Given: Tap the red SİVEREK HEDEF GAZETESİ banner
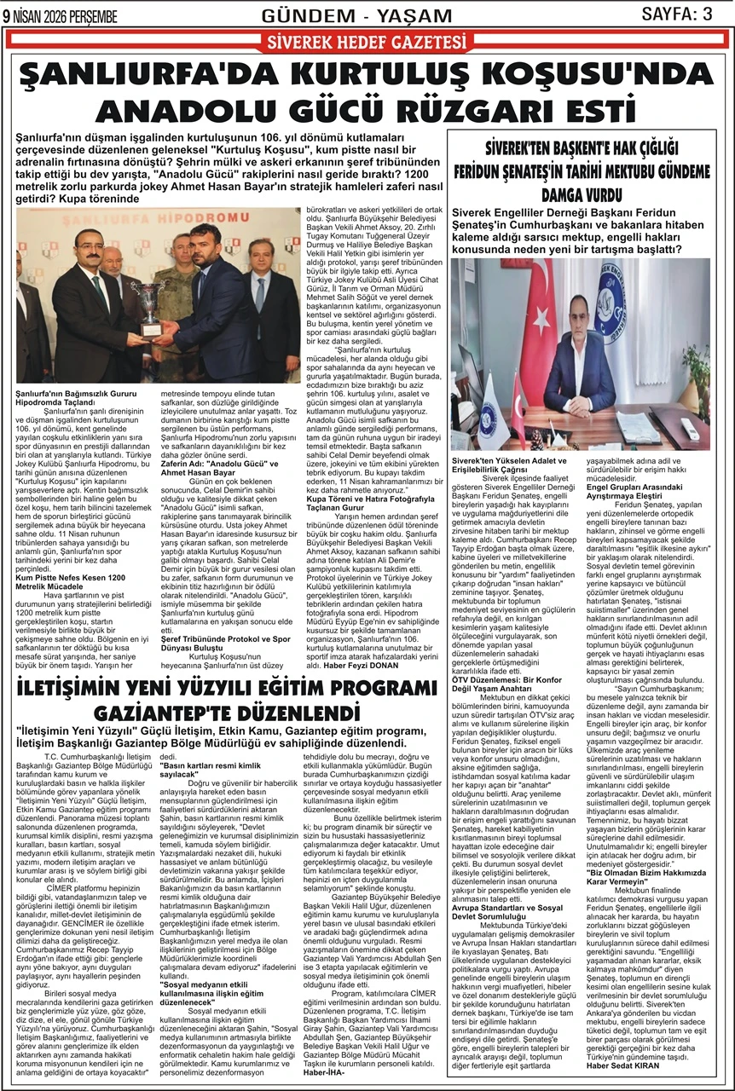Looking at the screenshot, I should pyautogui.click(x=367, y=42).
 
